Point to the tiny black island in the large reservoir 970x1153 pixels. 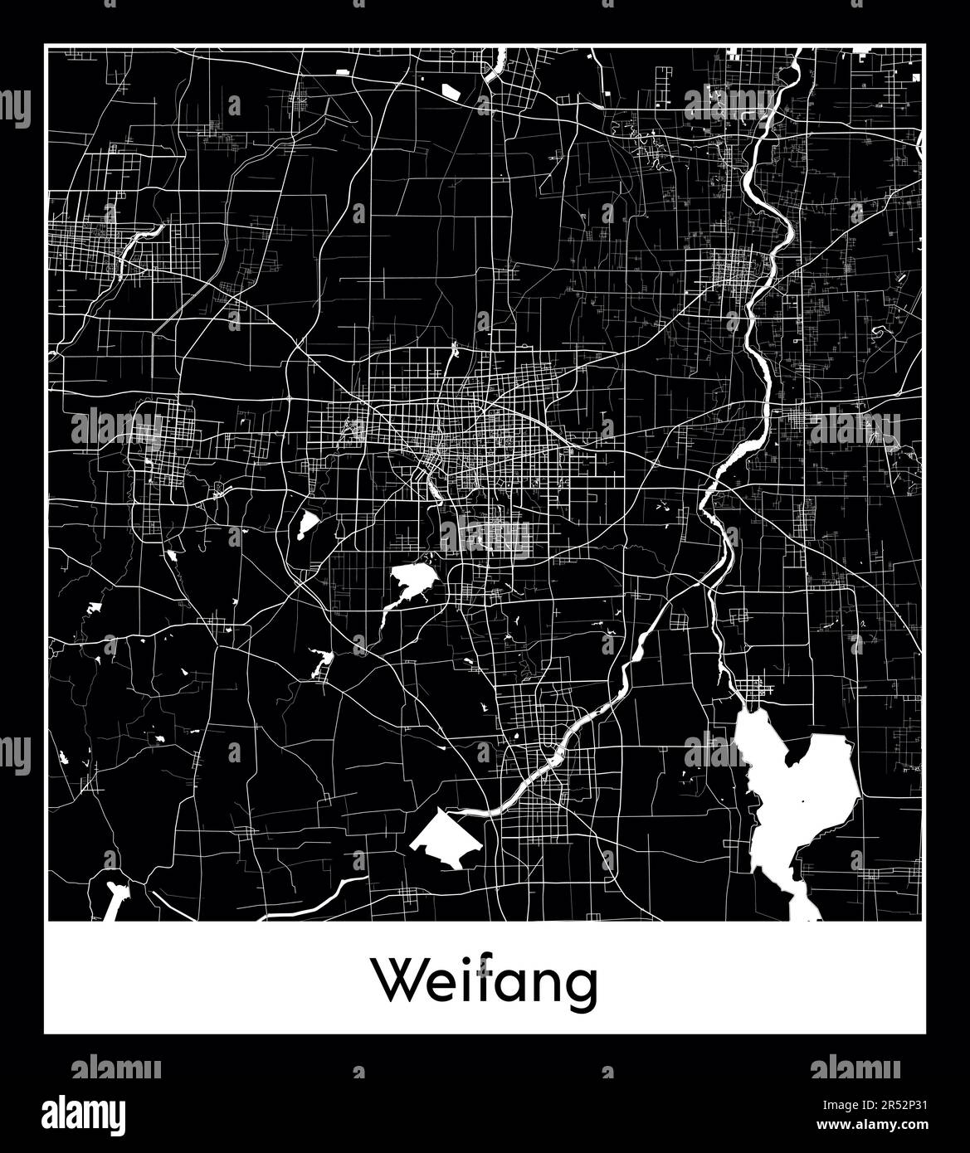point(802,801)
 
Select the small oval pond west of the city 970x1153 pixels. point(308,524)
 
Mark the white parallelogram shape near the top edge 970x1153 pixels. point(451,91)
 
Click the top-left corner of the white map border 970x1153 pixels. point(46,46)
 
